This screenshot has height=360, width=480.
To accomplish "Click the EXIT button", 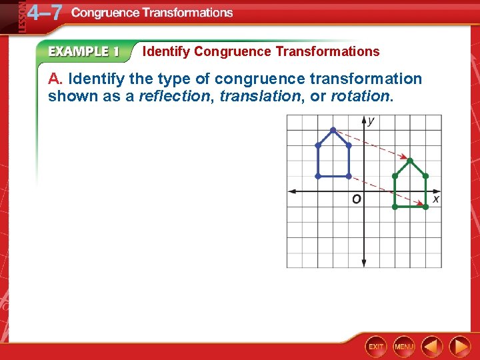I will (x=376, y=346).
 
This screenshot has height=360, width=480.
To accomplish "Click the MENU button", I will (x=403, y=346).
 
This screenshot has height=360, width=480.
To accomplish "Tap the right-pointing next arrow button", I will (x=459, y=346).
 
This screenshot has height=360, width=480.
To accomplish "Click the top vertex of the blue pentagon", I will (x=333, y=130).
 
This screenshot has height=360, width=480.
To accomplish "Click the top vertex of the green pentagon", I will (x=410, y=161).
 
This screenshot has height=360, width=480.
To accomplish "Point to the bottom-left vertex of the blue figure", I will (x=318, y=176).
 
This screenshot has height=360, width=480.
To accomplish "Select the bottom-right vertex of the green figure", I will (x=425, y=207).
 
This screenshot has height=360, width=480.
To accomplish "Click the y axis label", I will (x=371, y=121).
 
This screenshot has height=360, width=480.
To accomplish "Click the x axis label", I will (x=435, y=199).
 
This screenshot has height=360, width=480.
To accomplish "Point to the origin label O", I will (x=357, y=199).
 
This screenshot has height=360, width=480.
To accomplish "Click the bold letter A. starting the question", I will (x=55, y=79).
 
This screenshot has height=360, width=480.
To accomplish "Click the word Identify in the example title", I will (x=167, y=51).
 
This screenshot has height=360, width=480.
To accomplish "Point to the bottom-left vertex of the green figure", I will (x=395, y=207).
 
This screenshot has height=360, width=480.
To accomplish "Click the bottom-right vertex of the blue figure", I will (x=349, y=176).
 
